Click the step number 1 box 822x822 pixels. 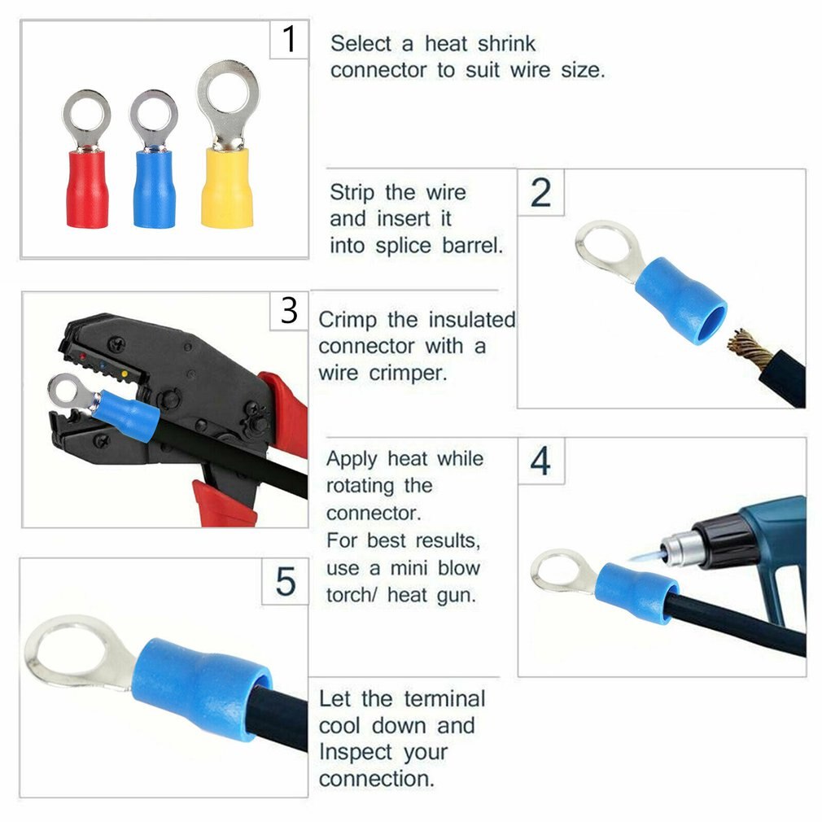[289, 39]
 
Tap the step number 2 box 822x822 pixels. [540, 192]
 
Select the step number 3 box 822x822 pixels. [289, 310]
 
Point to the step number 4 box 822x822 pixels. [540, 461]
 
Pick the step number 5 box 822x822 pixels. [286, 582]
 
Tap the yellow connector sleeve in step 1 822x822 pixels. [227, 186]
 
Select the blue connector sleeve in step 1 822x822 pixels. [154, 189]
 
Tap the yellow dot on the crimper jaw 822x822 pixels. [125, 374]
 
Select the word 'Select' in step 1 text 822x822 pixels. [361, 43]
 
